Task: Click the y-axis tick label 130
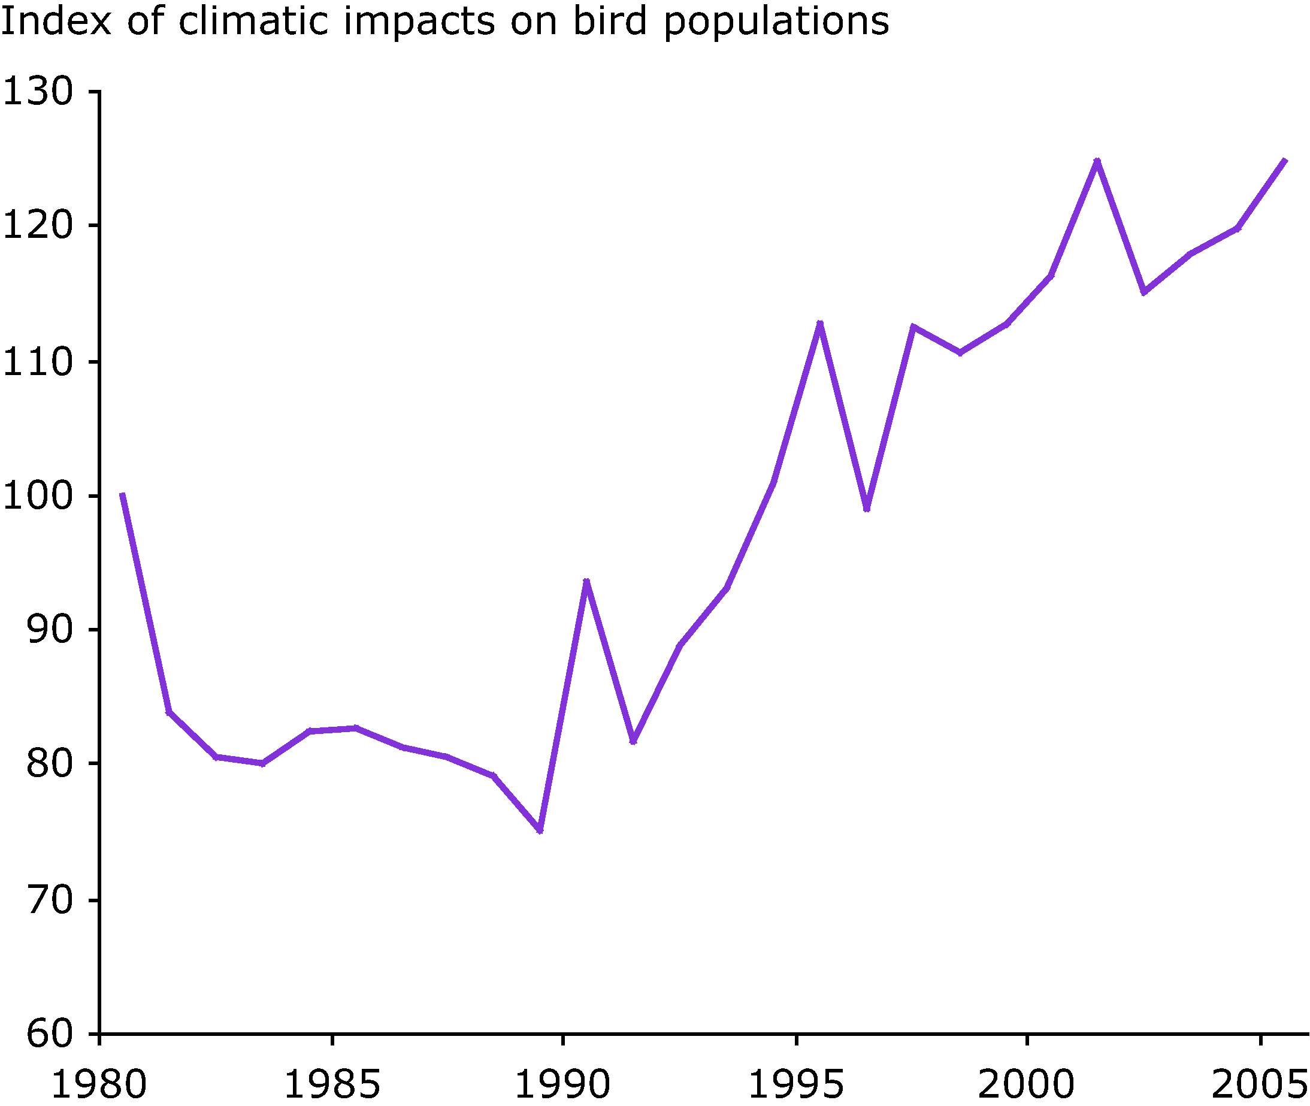click(38, 92)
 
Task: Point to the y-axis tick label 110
click(38, 362)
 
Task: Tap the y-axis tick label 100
click(38, 496)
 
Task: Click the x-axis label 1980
click(98, 1083)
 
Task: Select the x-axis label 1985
click(332, 1083)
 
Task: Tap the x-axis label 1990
click(563, 1083)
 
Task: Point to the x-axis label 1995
click(796, 1083)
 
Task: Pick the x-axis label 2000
click(1027, 1083)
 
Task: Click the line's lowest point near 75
click(540, 831)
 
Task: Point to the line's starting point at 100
click(122, 495)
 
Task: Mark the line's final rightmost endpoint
click(1285, 161)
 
